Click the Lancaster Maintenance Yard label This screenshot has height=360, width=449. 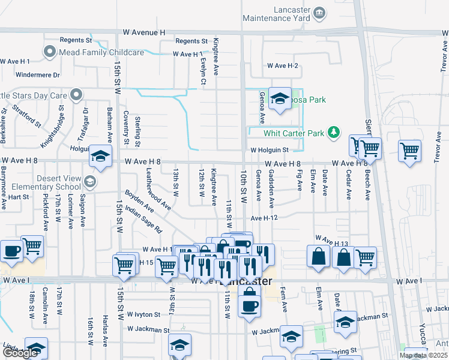(276, 14)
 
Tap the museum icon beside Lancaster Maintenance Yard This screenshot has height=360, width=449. (319, 12)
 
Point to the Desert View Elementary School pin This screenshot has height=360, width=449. (89, 181)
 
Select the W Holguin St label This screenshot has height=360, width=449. (270, 150)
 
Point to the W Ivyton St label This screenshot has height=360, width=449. (143, 314)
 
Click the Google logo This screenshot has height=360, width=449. (20, 353)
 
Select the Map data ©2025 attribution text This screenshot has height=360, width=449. (423, 355)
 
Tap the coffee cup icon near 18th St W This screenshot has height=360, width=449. (11, 250)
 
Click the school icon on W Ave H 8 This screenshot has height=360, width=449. (101, 157)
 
